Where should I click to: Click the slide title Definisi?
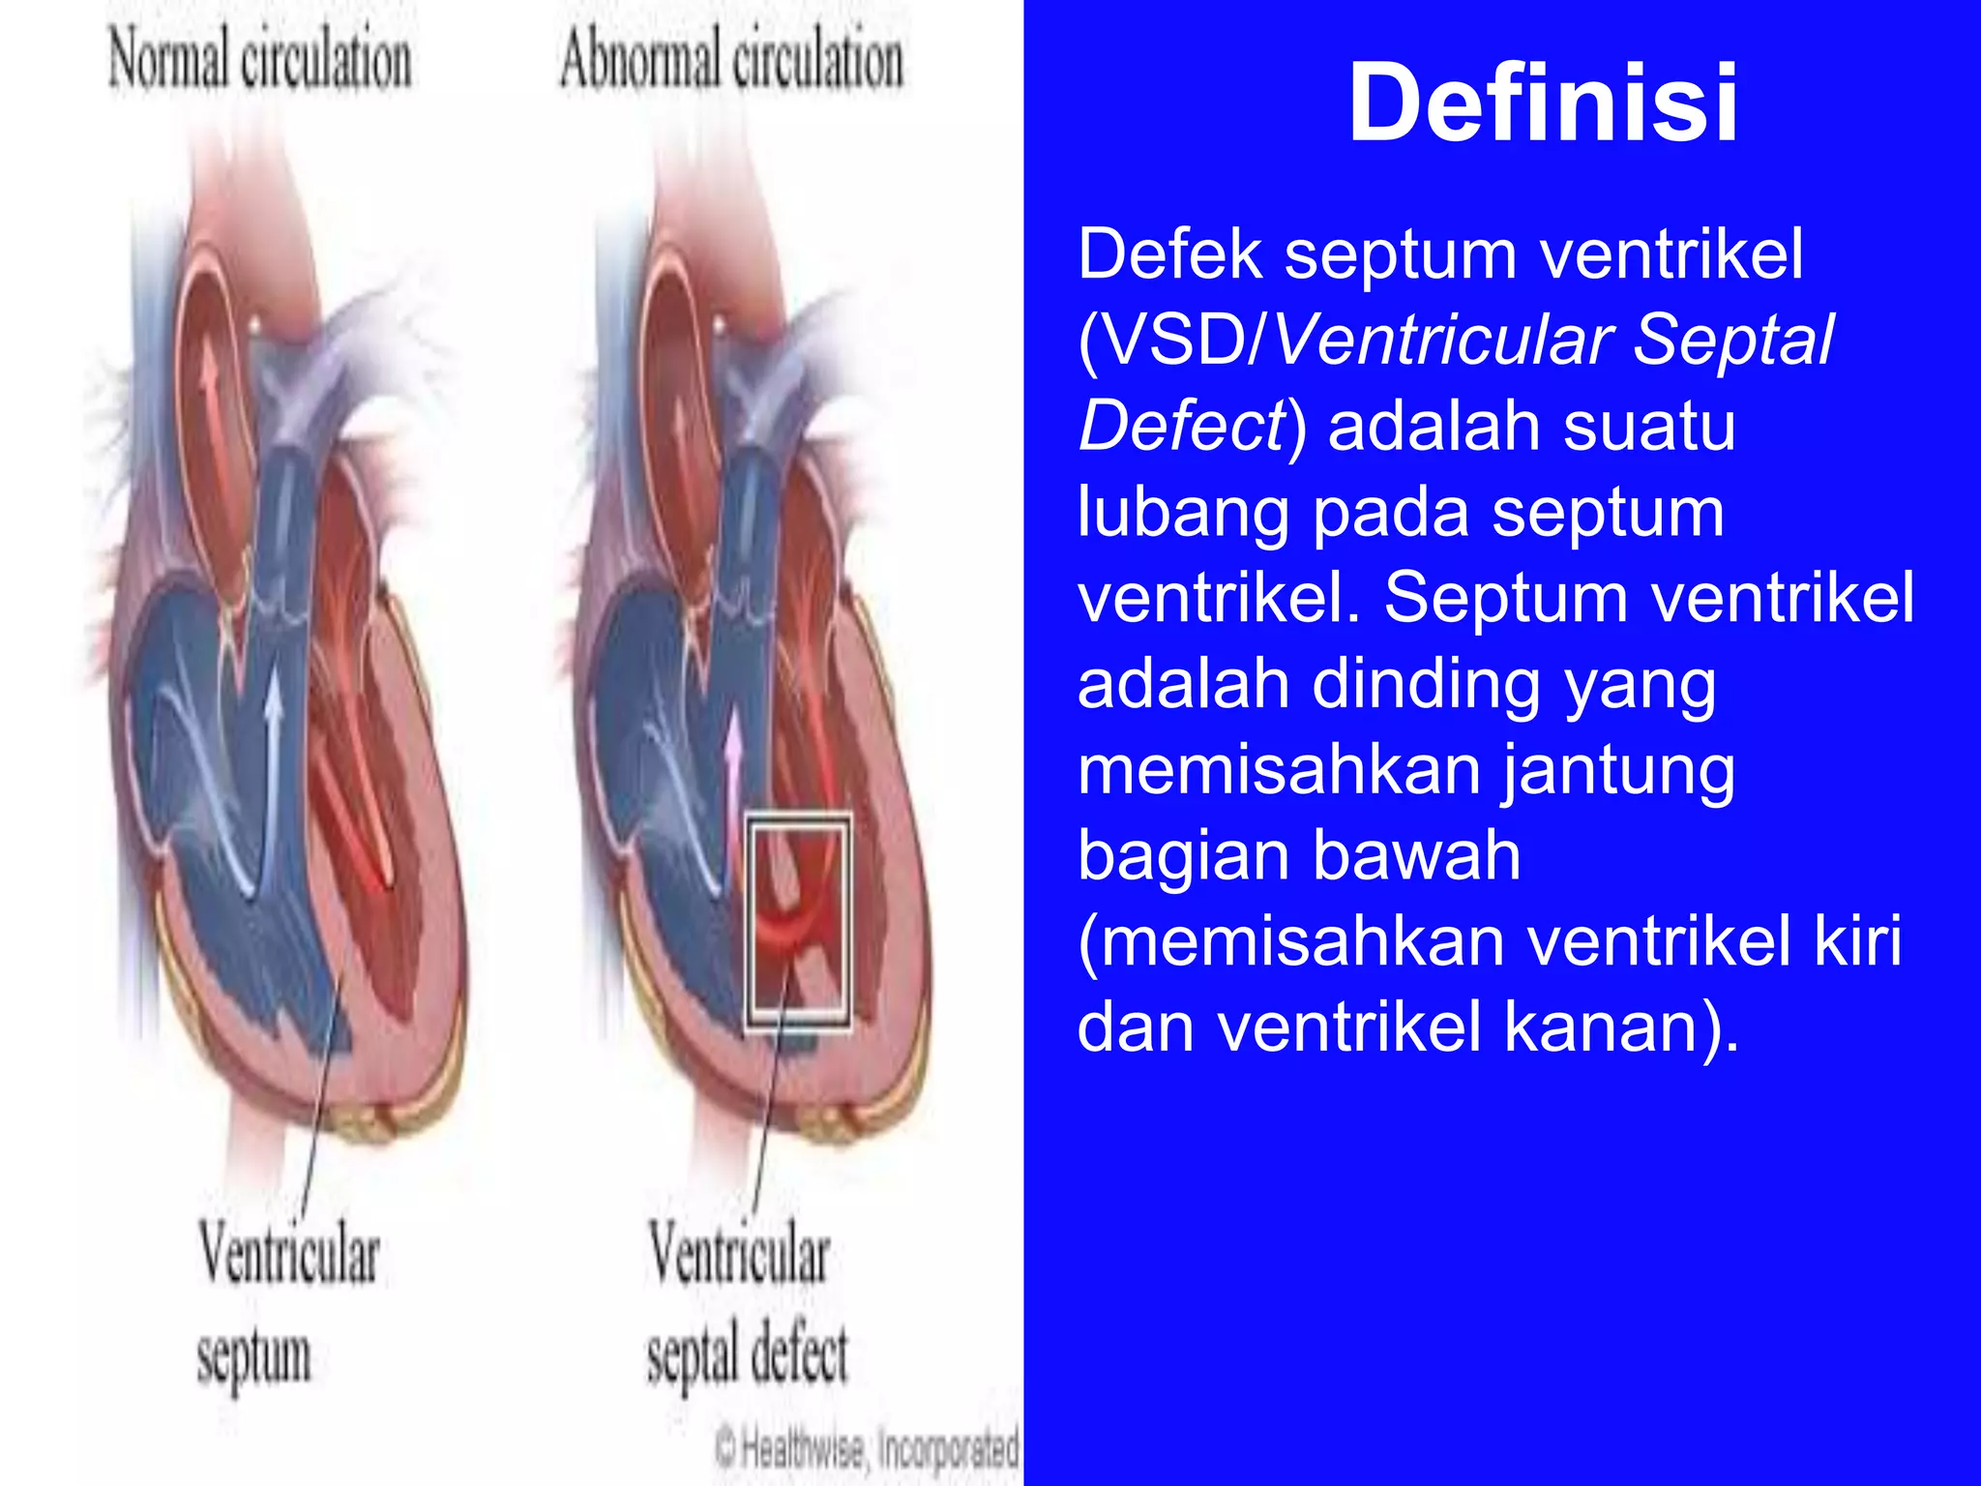coord(1543,103)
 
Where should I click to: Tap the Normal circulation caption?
coord(259,60)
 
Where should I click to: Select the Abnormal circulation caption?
coord(731,60)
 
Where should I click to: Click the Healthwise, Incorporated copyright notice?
coord(868,1448)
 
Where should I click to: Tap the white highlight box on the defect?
coord(799,921)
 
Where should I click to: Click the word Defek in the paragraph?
coord(1170,254)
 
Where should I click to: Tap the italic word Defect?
coord(1180,427)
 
